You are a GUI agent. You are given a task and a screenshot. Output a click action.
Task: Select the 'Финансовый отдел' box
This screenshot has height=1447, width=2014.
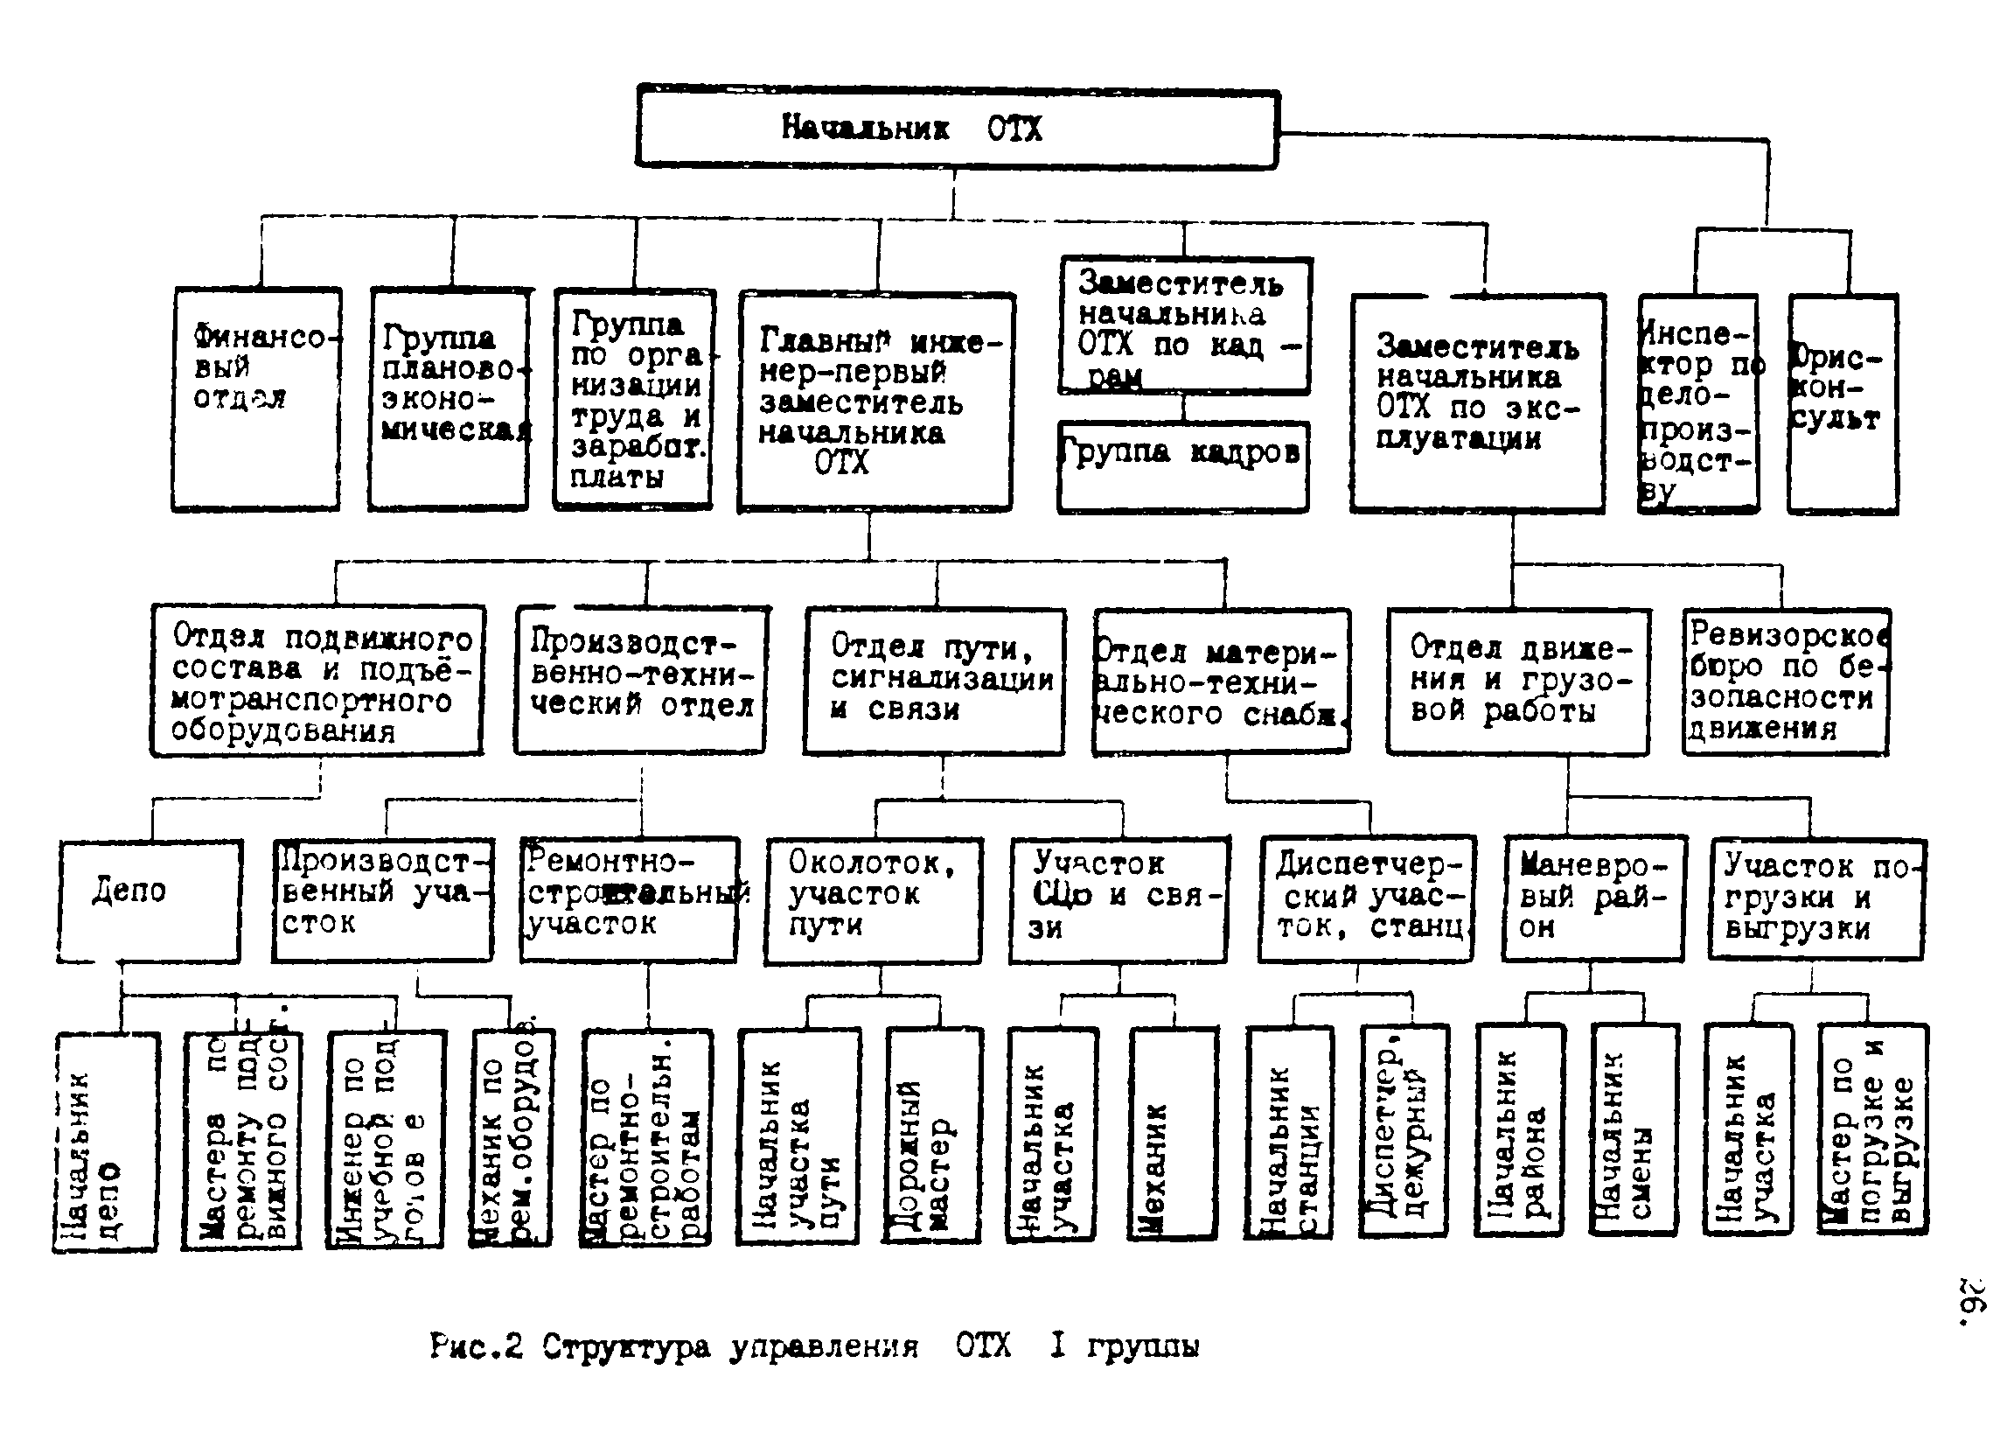(x=255, y=399)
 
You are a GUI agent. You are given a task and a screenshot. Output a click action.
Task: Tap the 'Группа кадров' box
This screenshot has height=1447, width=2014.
(x=1183, y=466)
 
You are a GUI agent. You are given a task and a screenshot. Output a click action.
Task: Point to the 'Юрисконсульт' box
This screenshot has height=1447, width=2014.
(x=1843, y=404)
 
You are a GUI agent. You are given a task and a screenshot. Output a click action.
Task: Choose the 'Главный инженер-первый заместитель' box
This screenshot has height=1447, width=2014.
(x=875, y=402)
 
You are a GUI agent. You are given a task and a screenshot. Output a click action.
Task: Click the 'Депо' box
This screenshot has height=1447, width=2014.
(x=150, y=900)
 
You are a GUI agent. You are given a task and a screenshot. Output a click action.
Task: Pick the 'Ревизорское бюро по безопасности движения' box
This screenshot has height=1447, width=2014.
(x=1786, y=682)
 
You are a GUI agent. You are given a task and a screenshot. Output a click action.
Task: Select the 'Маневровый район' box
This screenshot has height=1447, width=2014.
(x=1593, y=898)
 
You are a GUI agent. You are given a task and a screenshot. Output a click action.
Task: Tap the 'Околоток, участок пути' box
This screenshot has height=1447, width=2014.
(x=873, y=900)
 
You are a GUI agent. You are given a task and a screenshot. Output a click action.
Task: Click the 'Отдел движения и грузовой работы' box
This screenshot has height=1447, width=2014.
(x=1517, y=682)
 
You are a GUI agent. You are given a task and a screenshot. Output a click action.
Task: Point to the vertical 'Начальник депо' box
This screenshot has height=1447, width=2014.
(x=106, y=1142)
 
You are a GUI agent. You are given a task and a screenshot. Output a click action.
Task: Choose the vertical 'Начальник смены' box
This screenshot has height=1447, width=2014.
(x=1634, y=1130)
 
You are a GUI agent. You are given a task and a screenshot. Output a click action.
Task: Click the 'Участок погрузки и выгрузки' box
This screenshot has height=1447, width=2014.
(x=1816, y=898)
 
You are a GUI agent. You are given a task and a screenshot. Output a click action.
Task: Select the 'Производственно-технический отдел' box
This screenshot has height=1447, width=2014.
(x=641, y=681)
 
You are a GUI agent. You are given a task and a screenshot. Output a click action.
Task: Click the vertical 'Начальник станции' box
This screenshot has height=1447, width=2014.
(x=1289, y=1132)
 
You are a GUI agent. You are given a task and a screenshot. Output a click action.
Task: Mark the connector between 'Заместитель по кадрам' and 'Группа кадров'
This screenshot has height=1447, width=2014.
(x=1184, y=408)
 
